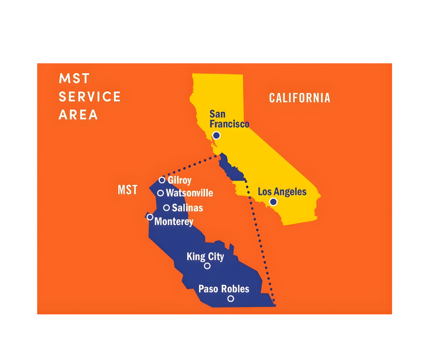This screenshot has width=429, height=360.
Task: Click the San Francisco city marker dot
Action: (x=216, y=135)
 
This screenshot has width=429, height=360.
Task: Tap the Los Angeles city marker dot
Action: (x=273, y=201)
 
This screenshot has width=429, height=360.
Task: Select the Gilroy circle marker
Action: (x=162, y=180)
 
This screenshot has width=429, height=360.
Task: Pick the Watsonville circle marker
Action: (x=161, y=193)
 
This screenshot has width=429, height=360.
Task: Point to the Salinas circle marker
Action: (x=167, y=208)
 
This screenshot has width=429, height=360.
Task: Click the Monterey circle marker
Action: (x=150, y=217)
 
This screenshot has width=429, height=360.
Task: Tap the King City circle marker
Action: (x=207, y=266)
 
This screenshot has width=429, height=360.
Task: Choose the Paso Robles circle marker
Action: (x=230, y=298)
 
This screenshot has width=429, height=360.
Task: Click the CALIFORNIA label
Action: (x=299, y=98)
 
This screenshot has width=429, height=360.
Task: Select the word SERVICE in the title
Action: (x=90, y=97)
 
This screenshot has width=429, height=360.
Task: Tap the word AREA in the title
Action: (x=78, y=115)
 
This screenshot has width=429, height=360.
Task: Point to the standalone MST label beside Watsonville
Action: (x=128, y=190)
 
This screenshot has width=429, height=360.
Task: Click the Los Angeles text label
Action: (x=282, y=191)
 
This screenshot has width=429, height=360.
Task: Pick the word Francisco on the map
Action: (x=230, y=124)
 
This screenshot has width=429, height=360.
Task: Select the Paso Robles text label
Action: (x=224, y=289)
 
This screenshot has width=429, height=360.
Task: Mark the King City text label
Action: (x=205, y=256)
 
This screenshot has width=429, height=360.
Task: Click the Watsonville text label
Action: (x=189, y=193)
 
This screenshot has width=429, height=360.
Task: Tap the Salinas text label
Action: (x=188, y=208)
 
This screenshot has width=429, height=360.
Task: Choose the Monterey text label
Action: (x=174, y=222)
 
